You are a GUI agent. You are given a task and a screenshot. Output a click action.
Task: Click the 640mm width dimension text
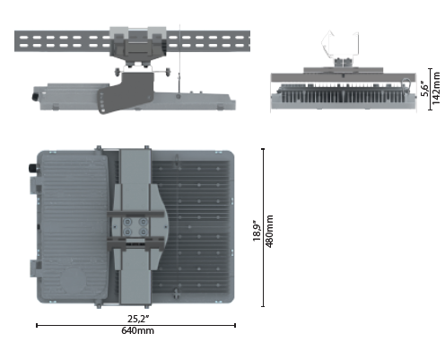click(x=137, y=330)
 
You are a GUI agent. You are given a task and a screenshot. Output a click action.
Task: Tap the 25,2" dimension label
click(x=138, y=319)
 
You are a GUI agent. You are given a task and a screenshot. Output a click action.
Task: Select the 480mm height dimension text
click(x=269, y=231)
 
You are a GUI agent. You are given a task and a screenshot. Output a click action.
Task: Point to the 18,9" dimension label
click(x=257, y=231)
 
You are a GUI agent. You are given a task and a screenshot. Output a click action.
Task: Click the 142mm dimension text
click(x=436, y=88)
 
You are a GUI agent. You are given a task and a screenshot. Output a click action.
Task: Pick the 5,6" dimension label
click(x=424, y=89)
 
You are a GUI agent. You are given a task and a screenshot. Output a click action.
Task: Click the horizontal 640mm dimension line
click(x=135, y=325)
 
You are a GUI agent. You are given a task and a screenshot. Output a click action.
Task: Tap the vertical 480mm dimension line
click(x=263, y=227)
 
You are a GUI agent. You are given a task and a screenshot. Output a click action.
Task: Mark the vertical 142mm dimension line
click(x=430, y=89)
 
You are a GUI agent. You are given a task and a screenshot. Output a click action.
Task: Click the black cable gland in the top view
click(x=32, y=168)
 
